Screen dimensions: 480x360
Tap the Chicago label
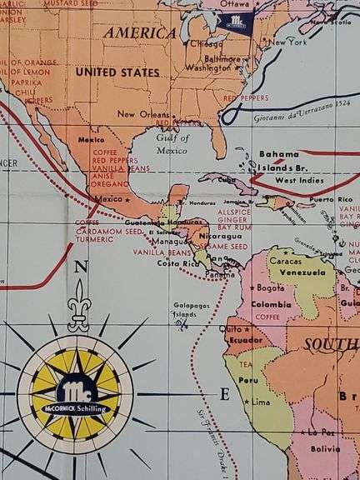[x=206, y=43]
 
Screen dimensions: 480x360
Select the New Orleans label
[x=137, y=114]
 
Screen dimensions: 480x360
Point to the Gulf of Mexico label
[x=172, y=143]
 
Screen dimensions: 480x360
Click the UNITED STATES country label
[x=117, y=72]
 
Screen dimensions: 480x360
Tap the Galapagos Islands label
[x=185, y=309]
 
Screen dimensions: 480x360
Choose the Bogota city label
[x=270, y=287]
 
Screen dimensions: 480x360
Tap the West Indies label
[x=298, y=180]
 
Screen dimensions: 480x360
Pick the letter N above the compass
[x=80, y=267]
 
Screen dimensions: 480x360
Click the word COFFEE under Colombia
[x=266, y=317]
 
